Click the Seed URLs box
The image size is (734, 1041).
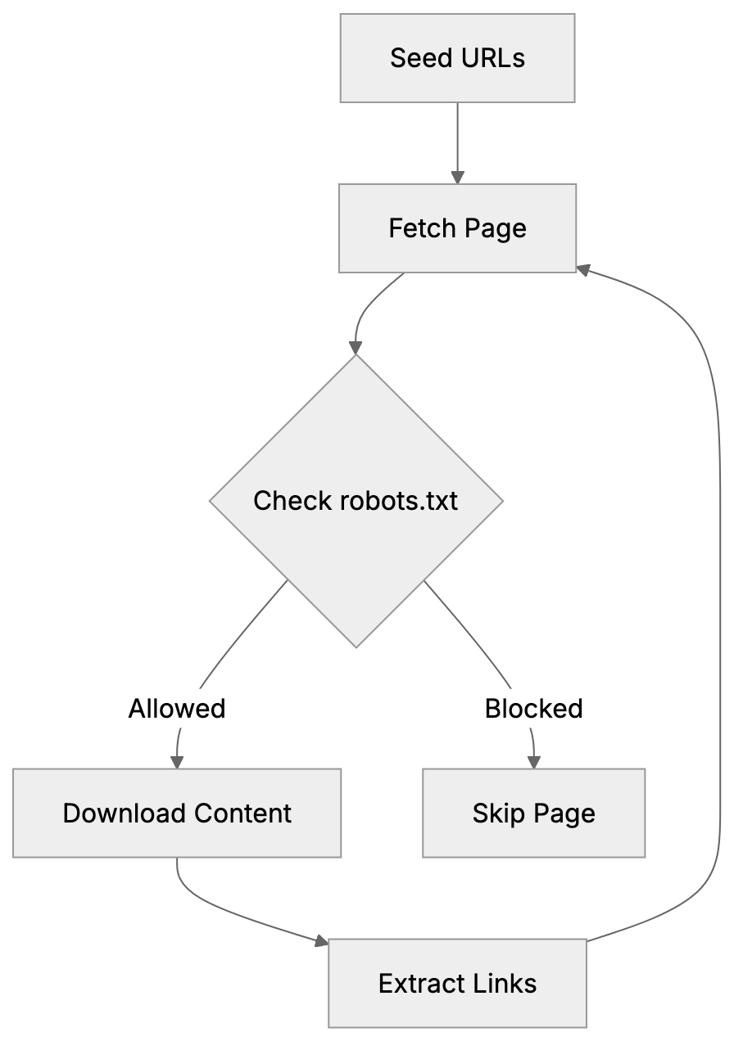click(457, 58)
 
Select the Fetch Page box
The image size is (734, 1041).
click(457, 228)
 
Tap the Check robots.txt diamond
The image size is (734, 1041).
click(356, 501)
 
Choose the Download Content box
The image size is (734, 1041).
click(177, 813)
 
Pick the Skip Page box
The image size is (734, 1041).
click(533, 813)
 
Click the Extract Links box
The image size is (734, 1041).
click(457, 983)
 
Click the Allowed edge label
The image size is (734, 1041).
click(177, 708)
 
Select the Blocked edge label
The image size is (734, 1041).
click(533, 708)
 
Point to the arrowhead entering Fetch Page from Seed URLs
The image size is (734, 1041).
click(457, 177)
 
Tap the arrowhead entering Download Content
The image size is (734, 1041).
click(177, 762)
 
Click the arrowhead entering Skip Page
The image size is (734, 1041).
click(533, 762)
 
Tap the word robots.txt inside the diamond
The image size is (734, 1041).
click(398, 501)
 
